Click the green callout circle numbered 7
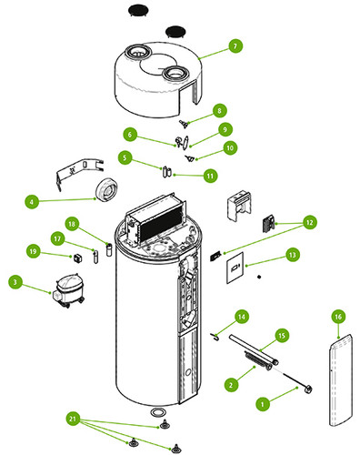click(235, 46)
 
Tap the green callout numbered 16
click(338, 317)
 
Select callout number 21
click(73, 420)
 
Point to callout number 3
click(15, 282)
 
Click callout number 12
click(309, 222)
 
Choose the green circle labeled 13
click(293, 255)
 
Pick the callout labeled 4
click(32, 201)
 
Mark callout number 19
click(33, 251)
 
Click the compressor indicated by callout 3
click(69, 290)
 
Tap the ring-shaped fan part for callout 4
click(106, 189)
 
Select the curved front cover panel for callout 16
click(341, 380)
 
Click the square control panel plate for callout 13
click(235, 268)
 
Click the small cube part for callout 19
click(77, 258)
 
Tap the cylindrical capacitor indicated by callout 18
click(109, 249)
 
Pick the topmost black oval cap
click(138, 10)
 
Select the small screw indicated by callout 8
click(184, 124)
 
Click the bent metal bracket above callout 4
click(79, 172)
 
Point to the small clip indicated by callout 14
click(215, 336)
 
